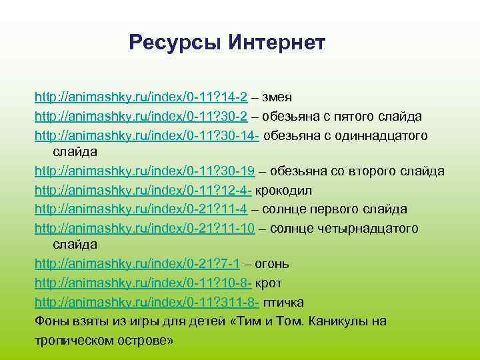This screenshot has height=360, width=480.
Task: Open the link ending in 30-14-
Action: click(147, 135)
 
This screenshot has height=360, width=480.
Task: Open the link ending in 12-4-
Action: click(143, 191)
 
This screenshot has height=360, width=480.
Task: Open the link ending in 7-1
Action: click(136, 265)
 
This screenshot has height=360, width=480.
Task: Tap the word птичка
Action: click(283, 302)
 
